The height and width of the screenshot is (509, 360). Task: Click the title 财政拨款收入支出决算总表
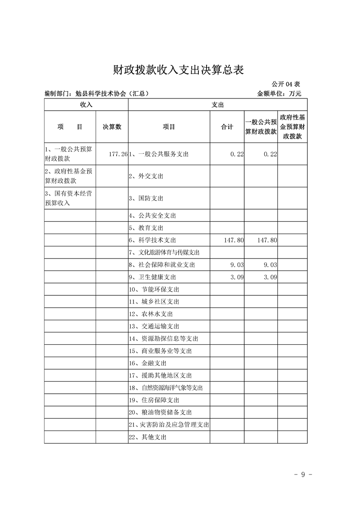pos(179,70)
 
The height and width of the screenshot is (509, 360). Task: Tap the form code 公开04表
pos(286,84)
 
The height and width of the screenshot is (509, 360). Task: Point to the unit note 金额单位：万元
pos(279,94)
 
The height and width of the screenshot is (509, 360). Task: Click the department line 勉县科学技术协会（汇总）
pos(97,94)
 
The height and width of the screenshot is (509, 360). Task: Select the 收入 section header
pos(86,104)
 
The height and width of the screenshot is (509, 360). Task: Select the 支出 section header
pos(217,104)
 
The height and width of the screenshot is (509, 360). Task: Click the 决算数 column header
pos(112,127)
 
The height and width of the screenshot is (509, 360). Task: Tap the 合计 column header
pos(227,127)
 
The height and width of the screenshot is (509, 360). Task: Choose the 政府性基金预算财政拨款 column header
pos(292,127)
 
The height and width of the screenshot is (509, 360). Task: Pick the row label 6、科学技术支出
pos(153,240)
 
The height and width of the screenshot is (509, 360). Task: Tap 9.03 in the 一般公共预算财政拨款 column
pos(268,264)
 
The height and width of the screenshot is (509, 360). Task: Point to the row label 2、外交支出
pos(146,176)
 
